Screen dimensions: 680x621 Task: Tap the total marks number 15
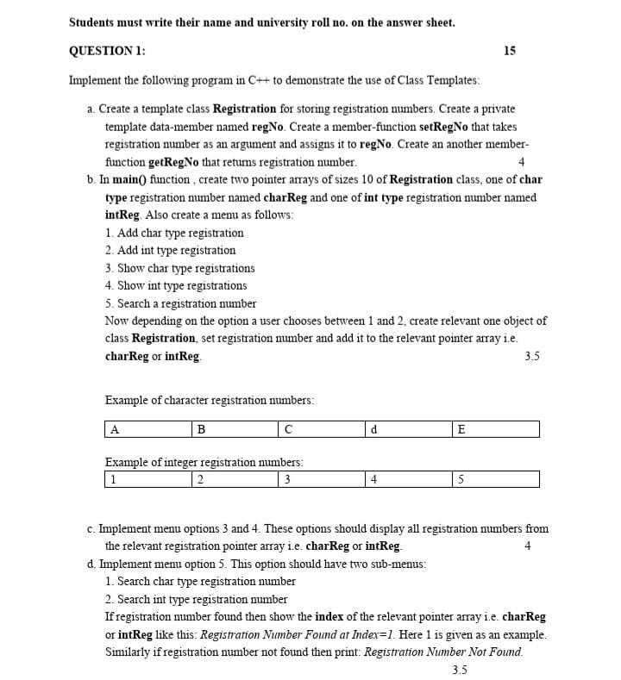point(509,51)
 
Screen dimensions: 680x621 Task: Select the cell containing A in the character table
point(147,429)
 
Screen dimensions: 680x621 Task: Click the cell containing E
point(496,429)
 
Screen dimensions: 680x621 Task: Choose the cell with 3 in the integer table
point(322,479)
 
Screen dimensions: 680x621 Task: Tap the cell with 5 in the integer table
point(496,479)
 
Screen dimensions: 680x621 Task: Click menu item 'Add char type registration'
point(174,233)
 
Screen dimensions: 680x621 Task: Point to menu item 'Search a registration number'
point(180,303)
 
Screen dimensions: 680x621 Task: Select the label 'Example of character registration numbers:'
point(209,400)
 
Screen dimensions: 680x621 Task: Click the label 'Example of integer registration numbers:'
point(204,462)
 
